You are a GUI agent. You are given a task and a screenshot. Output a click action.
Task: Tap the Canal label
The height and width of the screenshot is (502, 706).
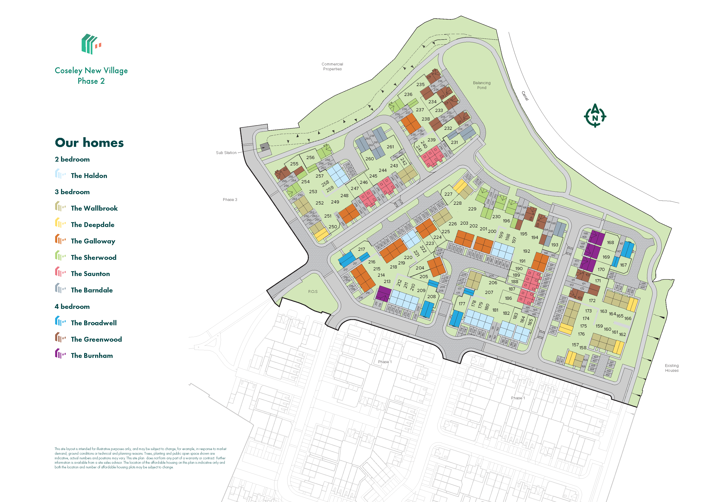[525, 96]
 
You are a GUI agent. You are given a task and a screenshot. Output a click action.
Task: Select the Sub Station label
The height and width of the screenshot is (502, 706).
[226, 153]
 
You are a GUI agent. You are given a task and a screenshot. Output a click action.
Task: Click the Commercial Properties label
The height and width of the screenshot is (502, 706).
[332, 66]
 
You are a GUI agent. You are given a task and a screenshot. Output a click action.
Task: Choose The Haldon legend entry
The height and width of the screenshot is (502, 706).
[89, 176]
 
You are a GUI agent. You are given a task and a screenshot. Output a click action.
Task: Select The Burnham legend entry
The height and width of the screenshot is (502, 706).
[92, 356]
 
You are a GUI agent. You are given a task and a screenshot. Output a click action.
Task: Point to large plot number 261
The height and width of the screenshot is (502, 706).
[390, 147]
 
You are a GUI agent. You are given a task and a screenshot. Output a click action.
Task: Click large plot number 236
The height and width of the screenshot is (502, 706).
[408, 94]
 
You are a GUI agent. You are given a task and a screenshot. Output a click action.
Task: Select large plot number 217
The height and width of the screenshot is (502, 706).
[361, 249]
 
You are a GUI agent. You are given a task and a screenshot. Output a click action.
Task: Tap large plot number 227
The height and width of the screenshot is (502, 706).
[448, 194]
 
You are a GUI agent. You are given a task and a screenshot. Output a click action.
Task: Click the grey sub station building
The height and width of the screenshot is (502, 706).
[265, 147]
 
